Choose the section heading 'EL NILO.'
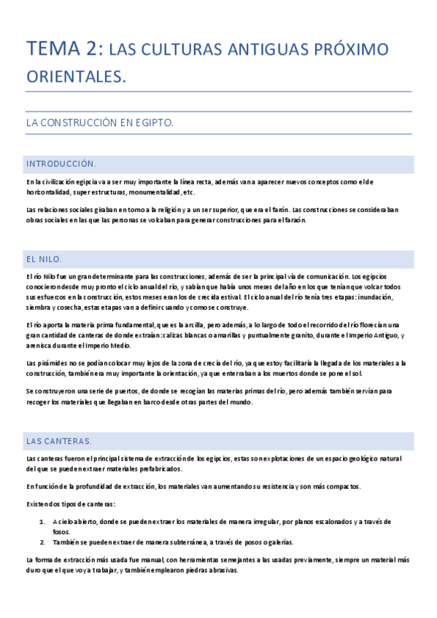[x=44, y=259]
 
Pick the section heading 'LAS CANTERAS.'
[x=58, y=441]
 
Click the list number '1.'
[x=42, y=522]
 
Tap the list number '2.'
[x=42, y=542]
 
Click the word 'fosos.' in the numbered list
[x=61, y=532]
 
